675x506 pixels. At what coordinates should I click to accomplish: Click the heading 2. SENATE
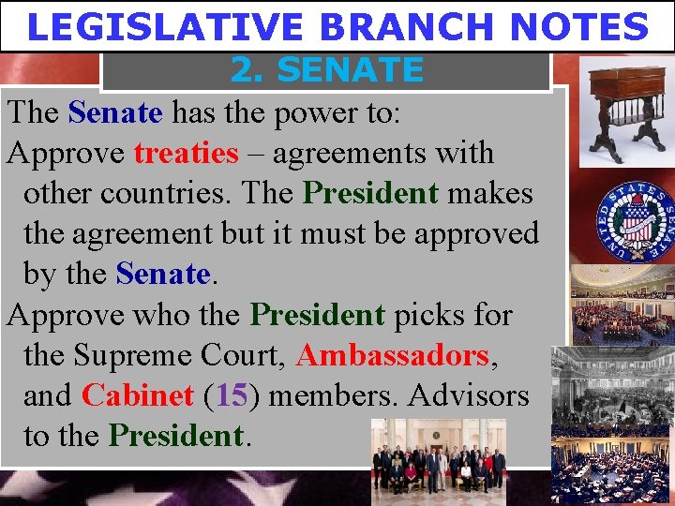pos(326,69)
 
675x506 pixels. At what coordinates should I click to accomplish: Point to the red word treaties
pos(186,154)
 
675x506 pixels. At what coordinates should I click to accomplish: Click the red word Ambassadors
pos(392,356)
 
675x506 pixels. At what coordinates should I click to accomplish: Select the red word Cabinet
pos(137,396)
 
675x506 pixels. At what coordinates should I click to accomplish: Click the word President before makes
pos(371,194)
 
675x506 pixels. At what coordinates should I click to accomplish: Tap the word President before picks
pos(318,315)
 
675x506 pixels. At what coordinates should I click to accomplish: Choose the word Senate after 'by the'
pos(162,275)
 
